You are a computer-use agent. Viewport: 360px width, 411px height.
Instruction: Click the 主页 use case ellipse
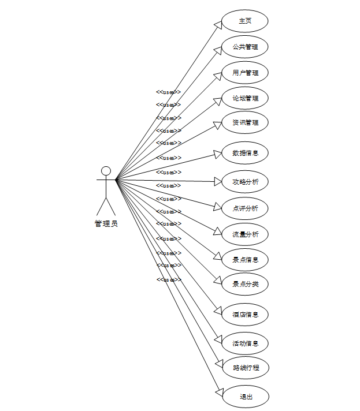tap(245, 21)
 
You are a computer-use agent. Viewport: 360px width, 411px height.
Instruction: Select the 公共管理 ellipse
tap(245, 47)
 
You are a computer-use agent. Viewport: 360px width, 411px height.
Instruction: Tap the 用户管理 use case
tap(245, 73)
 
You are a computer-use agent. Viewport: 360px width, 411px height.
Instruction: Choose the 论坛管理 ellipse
tap(245, 98)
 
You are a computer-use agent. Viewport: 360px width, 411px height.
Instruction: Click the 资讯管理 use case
tap(245, 122)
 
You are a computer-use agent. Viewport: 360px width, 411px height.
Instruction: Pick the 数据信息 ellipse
tap(245, 153)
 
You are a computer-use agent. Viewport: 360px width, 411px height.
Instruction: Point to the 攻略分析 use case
tap(245, 182)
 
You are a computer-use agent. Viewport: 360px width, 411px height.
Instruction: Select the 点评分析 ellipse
tap(245, 208)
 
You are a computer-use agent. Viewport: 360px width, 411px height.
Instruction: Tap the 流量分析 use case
tap(245, 234)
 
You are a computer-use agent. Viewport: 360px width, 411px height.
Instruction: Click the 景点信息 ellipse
tap(245, 260)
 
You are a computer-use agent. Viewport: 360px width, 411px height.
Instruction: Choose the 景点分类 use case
tap(245, 284)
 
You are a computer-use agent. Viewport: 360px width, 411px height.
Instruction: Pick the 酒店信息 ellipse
tap(245, 315)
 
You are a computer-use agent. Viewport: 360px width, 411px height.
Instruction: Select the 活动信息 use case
tap(245, 343)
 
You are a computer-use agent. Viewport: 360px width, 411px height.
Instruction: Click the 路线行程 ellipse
tap(245, 367)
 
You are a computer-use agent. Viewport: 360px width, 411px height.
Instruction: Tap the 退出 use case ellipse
tap(245, 397)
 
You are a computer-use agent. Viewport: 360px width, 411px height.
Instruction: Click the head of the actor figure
tap(106, 171)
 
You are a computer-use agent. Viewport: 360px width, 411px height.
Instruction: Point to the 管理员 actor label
tap(106, 223)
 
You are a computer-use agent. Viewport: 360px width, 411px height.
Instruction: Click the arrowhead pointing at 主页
tap(218, 24)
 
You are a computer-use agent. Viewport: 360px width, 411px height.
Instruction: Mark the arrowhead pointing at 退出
tap(218, 393)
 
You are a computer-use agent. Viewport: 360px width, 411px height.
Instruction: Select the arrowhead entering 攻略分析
tap(218, 181)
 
